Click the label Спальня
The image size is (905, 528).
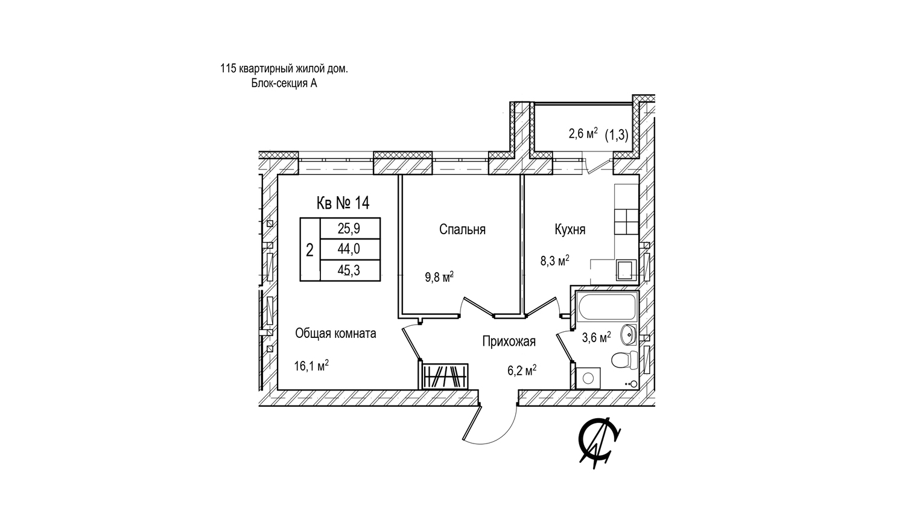(x=462, y=230)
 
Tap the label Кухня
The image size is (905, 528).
(x=570, y=230)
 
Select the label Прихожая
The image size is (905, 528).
(x=509, y=342)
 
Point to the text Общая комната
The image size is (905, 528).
(x=335, y=334)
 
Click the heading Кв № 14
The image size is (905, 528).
(x=343, y=203)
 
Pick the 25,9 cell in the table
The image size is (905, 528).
(x=350, y=229)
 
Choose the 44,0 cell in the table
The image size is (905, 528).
(x=350, y=249)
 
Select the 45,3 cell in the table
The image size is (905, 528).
(x=350, y=270)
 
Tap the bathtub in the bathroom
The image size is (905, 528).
(x=607, y=307)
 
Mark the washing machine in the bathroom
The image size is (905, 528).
(x=588, y=378)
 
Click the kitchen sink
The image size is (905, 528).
(x=626, y=270)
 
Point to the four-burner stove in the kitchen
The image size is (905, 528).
(x=626, y=222)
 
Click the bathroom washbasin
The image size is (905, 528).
(x=629, y=334)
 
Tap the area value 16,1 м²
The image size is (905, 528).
(x=311, y=366)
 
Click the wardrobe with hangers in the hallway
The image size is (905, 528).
(x=445, y=377)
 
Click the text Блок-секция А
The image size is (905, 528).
(x=284, y=83)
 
